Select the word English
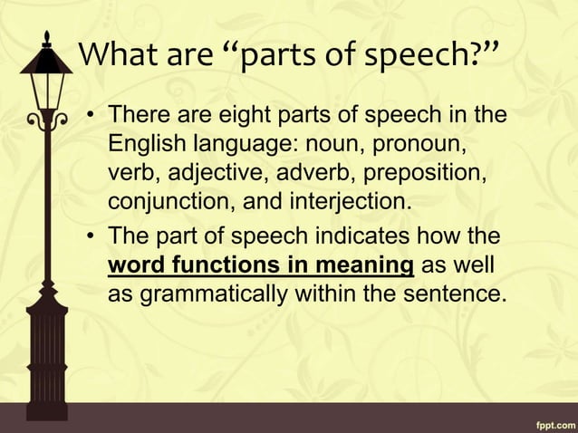point(145,145)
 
